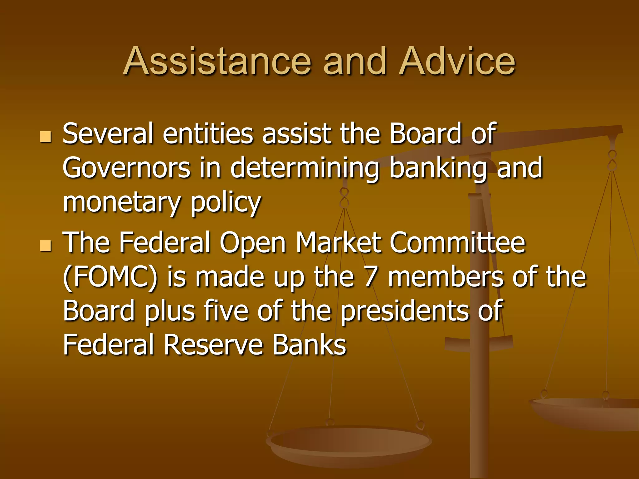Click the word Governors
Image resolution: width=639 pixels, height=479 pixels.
[126, 168]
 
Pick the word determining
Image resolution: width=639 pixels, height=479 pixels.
[305, 168]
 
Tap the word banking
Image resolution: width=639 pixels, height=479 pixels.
[438, 168]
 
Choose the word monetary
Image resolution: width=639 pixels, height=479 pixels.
[122, 203]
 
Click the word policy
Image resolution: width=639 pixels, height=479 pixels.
[226, 203]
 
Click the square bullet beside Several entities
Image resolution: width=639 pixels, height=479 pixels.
[46, 137]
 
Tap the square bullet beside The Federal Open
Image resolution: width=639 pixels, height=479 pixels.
[46, 246]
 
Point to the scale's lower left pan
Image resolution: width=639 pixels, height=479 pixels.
[349, 443]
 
